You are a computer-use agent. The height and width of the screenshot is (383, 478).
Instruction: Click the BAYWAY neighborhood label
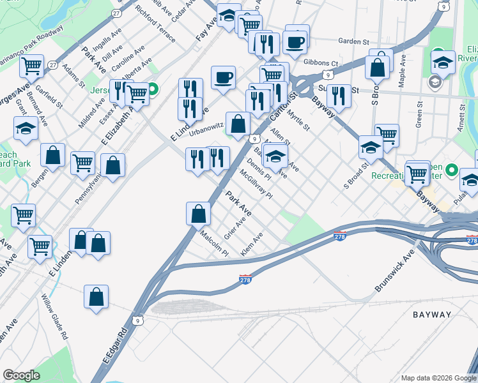(x=433, y=315)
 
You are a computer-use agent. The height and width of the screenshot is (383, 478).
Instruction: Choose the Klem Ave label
(x=252, y=247)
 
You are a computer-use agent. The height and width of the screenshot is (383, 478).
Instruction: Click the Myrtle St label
(x=298, y=120)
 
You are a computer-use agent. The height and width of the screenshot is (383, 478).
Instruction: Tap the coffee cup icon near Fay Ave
(x=223, y=78)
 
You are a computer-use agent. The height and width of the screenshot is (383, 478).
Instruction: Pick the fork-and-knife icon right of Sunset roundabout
(x=338, y=96)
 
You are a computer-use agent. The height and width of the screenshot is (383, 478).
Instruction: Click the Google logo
(x=21, y=375)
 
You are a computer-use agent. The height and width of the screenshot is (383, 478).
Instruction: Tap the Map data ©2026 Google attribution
(x=438, y=377)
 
